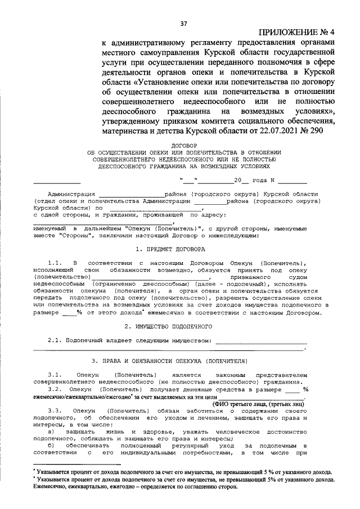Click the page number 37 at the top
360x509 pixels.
(x=183, y=24)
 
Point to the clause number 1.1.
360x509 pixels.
(x=54, y=263)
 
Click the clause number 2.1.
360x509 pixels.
(x=54, y=340)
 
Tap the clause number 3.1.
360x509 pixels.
(x=54, y=374)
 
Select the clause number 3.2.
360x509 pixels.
(x=54, y=388)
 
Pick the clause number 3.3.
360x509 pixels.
(x=54, y=410)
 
